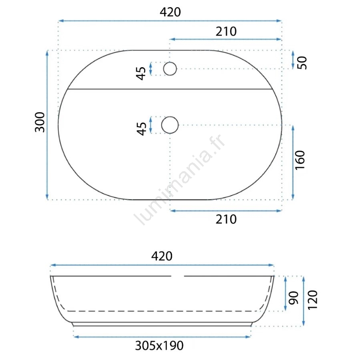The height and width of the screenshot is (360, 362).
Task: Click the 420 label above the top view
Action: [x=170, y=12]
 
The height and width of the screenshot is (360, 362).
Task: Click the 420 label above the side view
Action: [x=162, y=256]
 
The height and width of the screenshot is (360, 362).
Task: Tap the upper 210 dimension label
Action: [x=226, y=32]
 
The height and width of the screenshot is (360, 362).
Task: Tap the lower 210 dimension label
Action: [x=226, y=219]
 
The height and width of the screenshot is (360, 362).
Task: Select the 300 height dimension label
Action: [x=40, y=122]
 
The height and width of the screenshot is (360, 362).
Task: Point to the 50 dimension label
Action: [x=302, y=63]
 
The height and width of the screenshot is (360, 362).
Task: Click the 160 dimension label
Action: [x=300, y=160]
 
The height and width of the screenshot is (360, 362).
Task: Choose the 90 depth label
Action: [x=294, y=298]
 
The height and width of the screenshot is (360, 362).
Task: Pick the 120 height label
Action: [x=313, y=300]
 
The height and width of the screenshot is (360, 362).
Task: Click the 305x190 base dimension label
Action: [x=159, y=346]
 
